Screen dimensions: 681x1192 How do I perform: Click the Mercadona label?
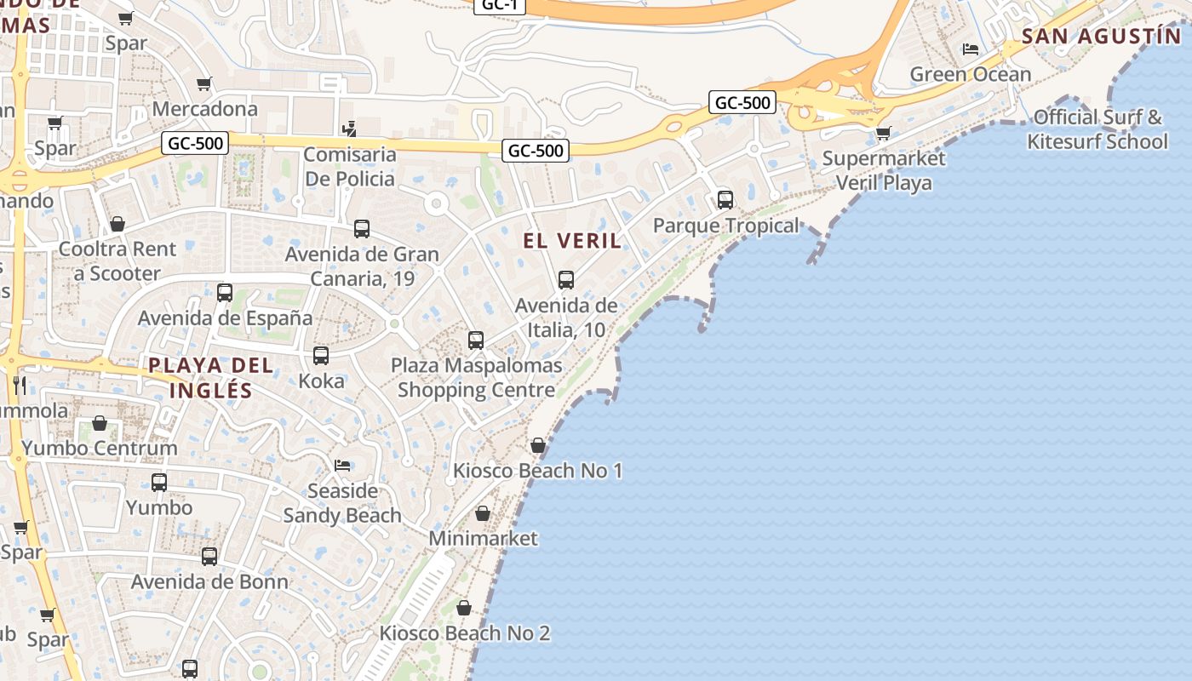204,109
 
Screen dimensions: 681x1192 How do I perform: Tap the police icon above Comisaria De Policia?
349,129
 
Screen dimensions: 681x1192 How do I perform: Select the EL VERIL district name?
572,241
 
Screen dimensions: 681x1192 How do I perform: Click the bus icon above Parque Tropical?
725,200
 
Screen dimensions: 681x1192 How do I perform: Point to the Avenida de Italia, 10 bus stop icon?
566,280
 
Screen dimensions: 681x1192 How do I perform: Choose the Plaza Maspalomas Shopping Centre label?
477,377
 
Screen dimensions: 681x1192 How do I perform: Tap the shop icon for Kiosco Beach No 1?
537,445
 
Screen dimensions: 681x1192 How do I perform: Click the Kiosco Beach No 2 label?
465,633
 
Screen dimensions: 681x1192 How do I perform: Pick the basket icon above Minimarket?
483,513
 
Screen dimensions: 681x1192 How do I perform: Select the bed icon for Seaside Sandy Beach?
342,466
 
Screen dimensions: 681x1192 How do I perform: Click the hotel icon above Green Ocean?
970,49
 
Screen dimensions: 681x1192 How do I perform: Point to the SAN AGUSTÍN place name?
1102,37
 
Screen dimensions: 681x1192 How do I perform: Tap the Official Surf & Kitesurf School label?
1097,129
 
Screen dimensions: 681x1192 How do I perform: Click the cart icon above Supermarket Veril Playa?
883,133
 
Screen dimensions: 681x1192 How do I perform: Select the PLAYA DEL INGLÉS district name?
211,378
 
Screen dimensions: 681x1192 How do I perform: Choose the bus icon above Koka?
321,356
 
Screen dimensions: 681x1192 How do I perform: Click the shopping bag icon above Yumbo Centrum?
100,423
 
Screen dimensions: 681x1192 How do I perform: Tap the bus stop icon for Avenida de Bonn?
209,557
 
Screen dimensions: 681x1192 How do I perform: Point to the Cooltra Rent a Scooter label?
117,261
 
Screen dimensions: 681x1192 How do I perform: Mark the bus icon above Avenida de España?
225,293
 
